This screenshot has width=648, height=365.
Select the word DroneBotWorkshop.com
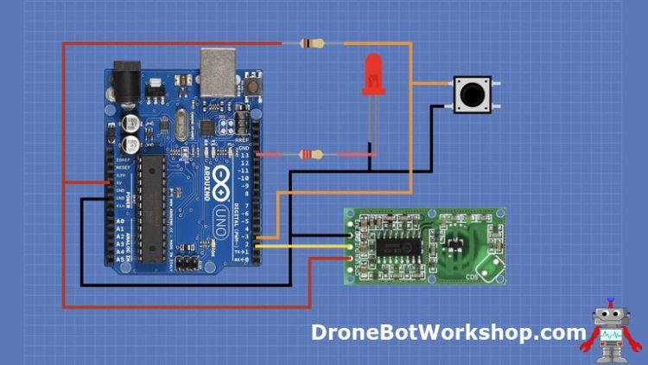[x=448, y=332]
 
